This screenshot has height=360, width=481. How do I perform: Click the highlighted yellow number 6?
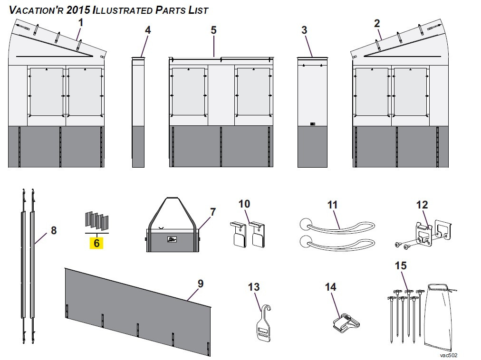point(96,243)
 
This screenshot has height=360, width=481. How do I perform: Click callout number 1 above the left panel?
point(81,22)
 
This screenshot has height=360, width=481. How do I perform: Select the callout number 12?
point(422,205)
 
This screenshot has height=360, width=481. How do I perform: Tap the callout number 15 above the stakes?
point(401,265)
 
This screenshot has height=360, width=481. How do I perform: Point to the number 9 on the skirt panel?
point(200,284)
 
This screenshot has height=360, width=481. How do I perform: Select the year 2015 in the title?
point(78,10)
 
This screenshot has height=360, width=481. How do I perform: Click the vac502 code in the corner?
point(448,355)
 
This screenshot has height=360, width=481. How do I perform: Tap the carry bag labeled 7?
point(172,237)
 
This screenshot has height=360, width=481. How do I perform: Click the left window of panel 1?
point(46,92)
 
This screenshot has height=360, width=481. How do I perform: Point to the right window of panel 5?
point(253,92)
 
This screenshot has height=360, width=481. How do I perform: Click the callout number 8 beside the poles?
point(54,230)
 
